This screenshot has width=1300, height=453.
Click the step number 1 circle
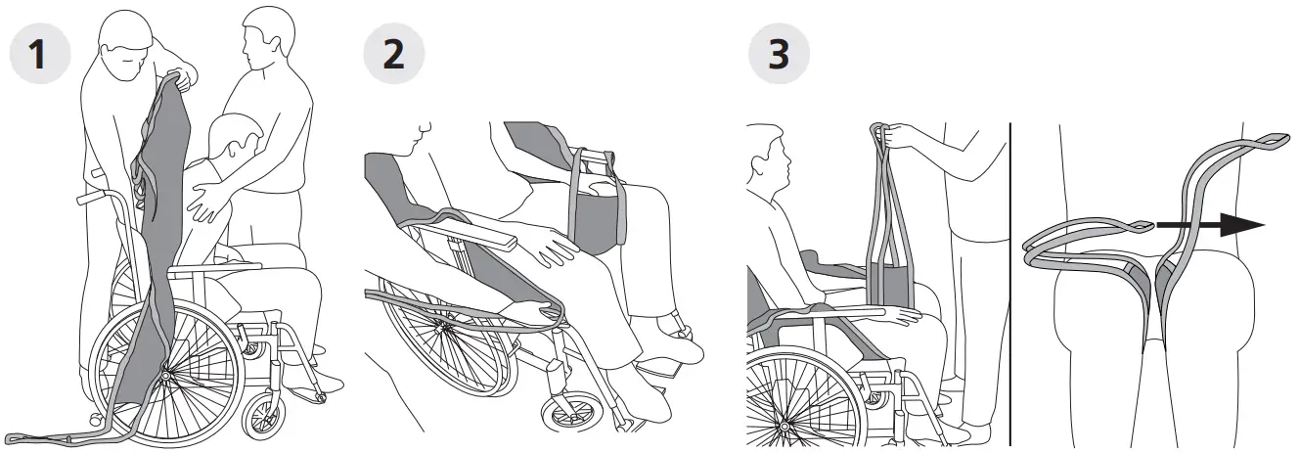[x=40, y=54]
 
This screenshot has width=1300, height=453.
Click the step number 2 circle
[x=393, y=54]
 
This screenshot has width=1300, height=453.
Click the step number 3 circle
[x=779, y=54]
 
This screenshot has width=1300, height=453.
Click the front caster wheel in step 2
[x=568, y=411]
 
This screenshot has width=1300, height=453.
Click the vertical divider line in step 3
[x=1009, y=284]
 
